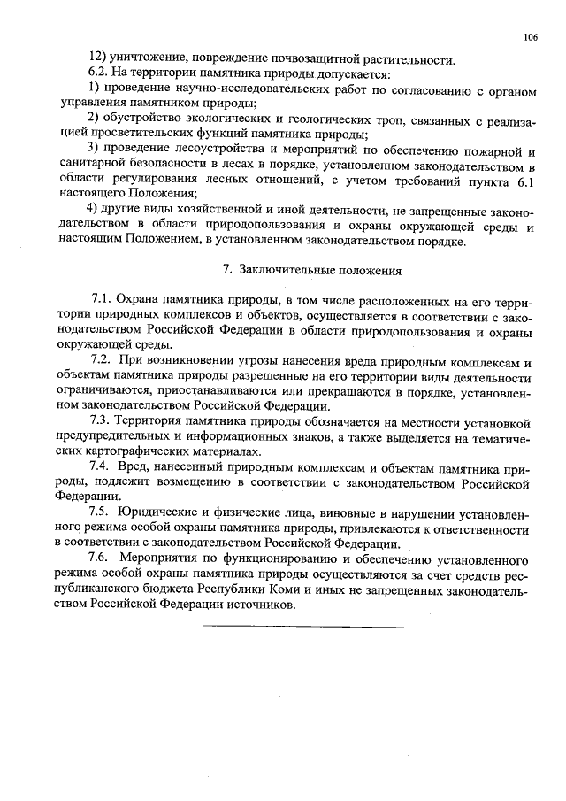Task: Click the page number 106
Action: [531, 37]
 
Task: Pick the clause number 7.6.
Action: [103, 559]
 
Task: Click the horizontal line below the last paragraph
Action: [303, 628]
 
